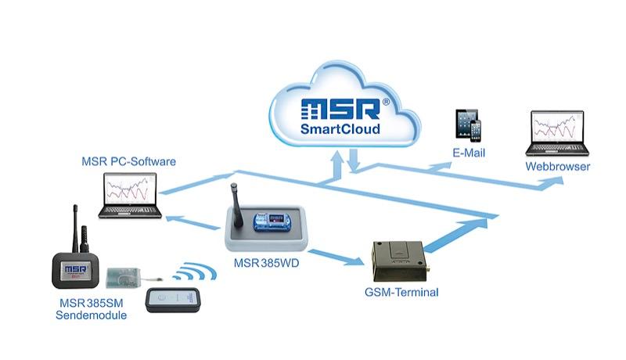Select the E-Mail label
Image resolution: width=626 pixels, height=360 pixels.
pyautogui.click(x=469, y=153)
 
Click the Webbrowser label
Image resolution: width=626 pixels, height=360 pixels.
pyautogui.click(x=557, y=167)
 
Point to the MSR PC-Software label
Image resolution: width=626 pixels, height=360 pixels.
pyautogui.click(x=128, y=162)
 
